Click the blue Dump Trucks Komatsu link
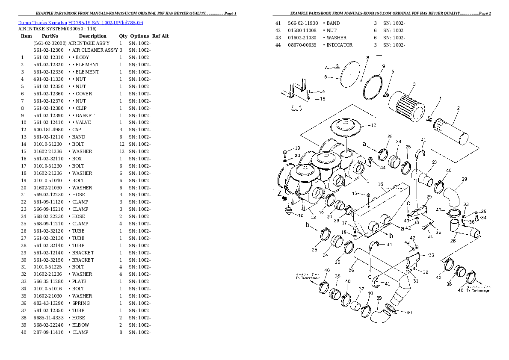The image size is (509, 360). tap(80, 22)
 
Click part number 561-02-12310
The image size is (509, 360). tap(48, 57)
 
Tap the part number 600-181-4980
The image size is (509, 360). tap(48, 130)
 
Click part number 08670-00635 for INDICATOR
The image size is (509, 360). tap(302, 45)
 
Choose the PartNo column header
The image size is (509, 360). tap(50, 36)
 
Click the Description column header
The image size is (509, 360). tap(92, 36)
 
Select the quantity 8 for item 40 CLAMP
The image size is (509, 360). tap(121, 332)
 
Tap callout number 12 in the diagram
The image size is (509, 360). tap(373, 125)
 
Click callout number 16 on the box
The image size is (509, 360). tap(380, 184)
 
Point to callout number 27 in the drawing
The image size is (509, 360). tap(435, 162)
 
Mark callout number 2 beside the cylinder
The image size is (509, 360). tap(458, 108)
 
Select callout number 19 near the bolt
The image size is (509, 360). tap(297, 148)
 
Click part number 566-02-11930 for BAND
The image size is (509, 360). tap(302, 23)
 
